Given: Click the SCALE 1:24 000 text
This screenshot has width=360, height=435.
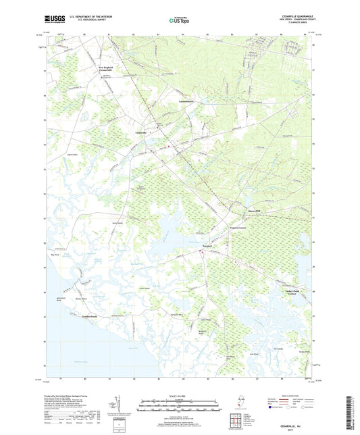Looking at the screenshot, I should [x=179, y=396].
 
